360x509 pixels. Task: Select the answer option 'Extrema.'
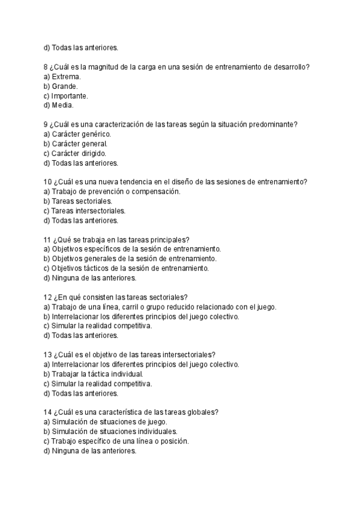point(66,77)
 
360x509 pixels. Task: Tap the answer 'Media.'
point(62,106)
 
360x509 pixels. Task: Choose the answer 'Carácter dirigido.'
point(79,153)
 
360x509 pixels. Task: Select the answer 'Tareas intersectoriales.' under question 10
point(88,211)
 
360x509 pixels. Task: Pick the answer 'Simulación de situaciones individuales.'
point(115,432)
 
